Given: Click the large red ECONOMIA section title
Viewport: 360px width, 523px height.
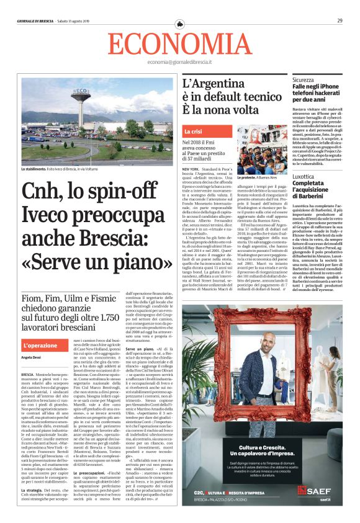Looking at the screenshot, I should [179, 43].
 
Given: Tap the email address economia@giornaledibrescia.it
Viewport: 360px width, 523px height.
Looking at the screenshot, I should [179, 63].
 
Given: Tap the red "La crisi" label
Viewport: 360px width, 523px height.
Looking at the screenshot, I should [192, 132].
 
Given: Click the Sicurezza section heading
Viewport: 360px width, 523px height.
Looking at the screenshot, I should [304, 80].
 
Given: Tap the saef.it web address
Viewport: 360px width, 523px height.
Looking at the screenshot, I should [325, 499].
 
